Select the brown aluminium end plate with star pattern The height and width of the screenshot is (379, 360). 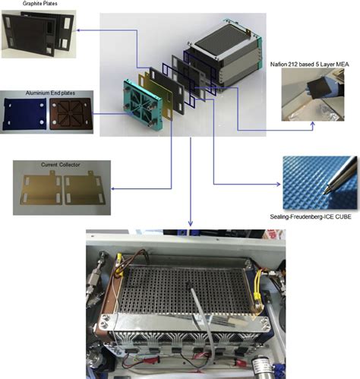point(70,112)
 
